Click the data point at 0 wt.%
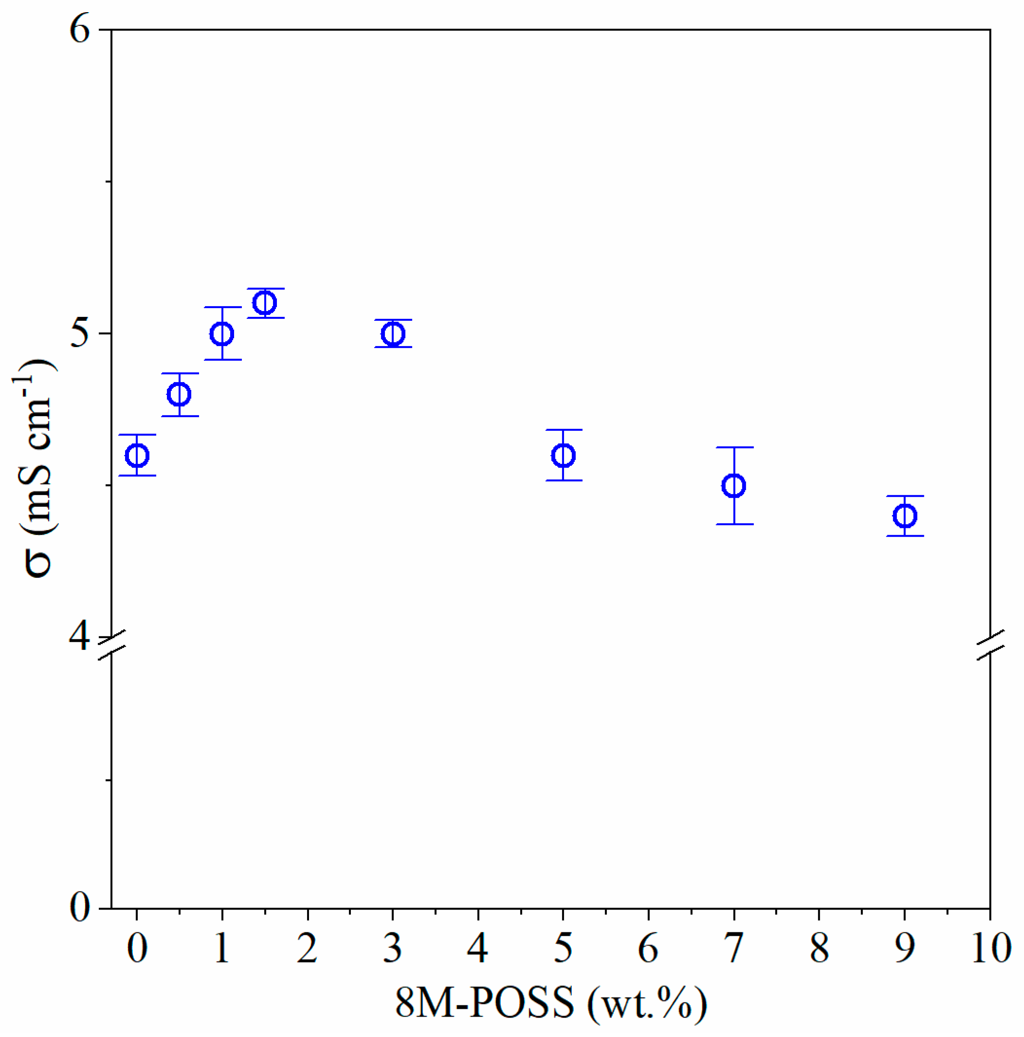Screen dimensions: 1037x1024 pos(137,456)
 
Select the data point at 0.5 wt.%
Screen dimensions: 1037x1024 pos(179,394)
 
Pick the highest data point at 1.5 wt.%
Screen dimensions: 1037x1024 pos(265,303)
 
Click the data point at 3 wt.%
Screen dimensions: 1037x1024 pos(393,334)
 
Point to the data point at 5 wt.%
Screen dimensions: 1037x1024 pos(564,456)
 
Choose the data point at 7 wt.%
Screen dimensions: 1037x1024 pos(734,486)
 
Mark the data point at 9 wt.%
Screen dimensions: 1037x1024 pos(905,516)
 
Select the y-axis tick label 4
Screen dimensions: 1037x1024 pos(80,637)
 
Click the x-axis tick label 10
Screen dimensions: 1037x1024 pos(991,948)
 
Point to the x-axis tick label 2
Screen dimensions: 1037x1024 pos(307,948)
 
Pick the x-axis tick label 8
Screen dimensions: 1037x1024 pos(819,948)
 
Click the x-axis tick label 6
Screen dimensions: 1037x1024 pos(648,948)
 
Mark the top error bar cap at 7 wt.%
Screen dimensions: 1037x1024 pos(734,447)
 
